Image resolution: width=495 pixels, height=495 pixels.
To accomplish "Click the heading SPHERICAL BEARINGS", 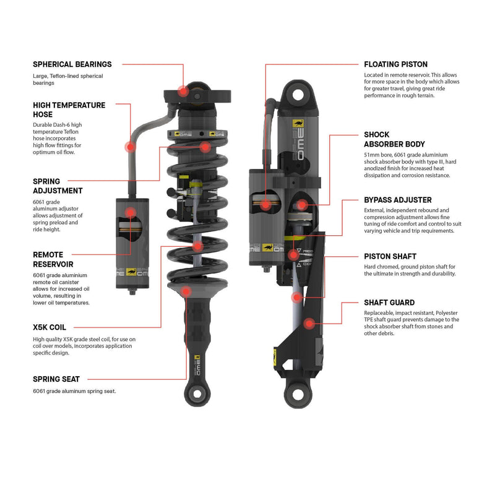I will tap(72, 64).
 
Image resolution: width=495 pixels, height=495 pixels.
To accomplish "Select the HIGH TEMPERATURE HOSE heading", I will tap(69, 110).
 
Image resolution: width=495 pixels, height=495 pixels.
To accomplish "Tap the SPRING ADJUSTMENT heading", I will tap(58, 186).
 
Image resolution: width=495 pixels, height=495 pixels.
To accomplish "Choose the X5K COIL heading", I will tap(49, 327).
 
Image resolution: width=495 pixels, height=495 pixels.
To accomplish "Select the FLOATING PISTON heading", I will tap(395, 64).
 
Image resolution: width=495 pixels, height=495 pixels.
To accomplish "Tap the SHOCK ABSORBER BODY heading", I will tap(394, 139).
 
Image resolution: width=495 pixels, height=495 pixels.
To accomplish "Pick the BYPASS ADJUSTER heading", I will tap(398, 200).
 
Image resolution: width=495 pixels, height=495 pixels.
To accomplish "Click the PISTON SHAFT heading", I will tap(390, 256).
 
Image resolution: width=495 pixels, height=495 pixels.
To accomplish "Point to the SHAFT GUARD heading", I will tap(389, 303).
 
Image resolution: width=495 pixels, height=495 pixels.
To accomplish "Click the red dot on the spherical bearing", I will tap(183, 91).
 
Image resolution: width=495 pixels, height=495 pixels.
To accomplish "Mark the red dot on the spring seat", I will tap(187, 290).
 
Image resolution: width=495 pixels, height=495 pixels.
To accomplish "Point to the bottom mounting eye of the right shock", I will tap(295, 392).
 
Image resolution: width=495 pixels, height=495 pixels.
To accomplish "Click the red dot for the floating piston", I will tap(265, 204).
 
